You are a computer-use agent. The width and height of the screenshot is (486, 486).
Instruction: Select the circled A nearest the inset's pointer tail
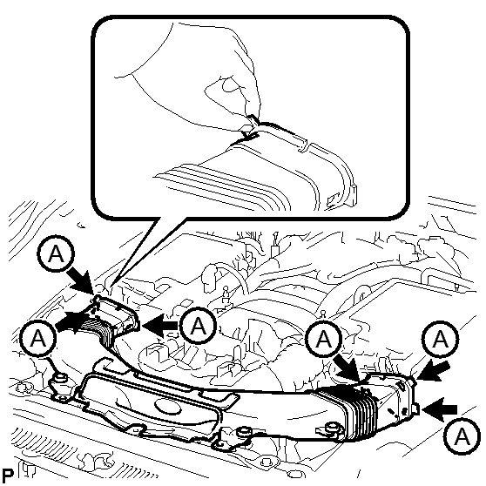pos(56,253)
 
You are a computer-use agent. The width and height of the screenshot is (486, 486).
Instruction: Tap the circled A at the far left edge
pos(37,339)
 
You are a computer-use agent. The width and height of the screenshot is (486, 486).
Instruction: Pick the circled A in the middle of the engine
pos(199,326)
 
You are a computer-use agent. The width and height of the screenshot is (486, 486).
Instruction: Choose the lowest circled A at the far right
pos(462,436)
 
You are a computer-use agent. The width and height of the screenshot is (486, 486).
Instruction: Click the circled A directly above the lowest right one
pos(440,339)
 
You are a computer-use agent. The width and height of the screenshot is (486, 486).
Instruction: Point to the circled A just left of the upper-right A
pos(324,339)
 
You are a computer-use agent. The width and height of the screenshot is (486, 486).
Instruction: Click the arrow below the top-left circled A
pos(82,281)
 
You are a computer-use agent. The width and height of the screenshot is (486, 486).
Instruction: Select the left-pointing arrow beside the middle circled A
pos(159,326)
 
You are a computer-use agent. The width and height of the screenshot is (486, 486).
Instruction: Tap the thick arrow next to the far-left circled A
pos(71,322)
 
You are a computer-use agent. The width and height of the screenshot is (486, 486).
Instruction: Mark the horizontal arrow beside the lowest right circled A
pos(439,409)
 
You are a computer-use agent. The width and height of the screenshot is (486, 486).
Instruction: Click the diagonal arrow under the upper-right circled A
pos(433,372)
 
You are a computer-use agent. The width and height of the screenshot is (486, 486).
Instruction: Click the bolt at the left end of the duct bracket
pos(60,379)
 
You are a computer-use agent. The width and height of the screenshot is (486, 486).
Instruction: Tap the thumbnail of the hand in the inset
pos(230,84)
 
